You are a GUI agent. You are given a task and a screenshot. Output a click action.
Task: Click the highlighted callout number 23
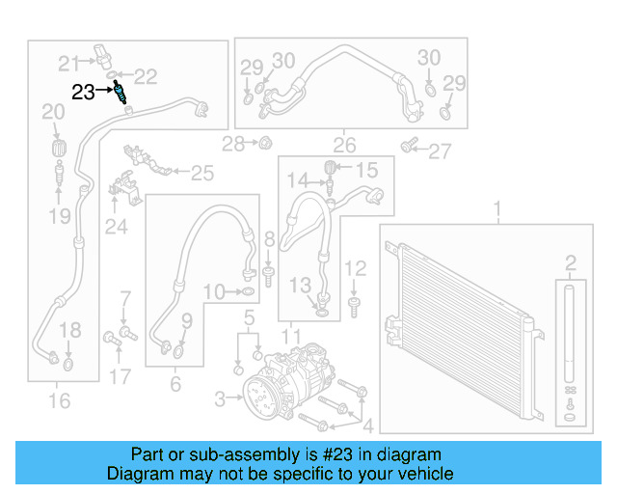(x=84, y=92)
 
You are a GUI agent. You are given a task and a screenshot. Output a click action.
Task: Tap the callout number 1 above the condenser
(x=498, y=209)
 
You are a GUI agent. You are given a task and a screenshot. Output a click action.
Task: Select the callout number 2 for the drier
(x=571, y=262)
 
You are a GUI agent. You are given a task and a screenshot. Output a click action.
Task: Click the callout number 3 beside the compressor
(x=220, y=398)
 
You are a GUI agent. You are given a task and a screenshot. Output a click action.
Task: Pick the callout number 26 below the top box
(x=344, y=146)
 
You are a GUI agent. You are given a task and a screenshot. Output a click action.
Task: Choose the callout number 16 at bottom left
(x=59, y=399)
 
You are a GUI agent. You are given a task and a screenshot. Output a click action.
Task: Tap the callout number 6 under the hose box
(x=174, y=384)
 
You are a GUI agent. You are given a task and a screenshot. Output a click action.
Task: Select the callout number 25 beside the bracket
(x=201, y=174)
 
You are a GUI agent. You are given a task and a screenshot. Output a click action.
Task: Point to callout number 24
(x=117, y=227)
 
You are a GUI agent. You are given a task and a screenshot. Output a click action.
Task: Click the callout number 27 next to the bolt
(x=440, y=151)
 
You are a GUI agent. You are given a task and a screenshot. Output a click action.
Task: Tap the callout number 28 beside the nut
(x=232, y=145)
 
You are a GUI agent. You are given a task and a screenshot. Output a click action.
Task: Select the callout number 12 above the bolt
(x=356, y=268)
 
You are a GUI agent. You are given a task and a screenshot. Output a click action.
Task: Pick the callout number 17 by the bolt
(x=120, y=375)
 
